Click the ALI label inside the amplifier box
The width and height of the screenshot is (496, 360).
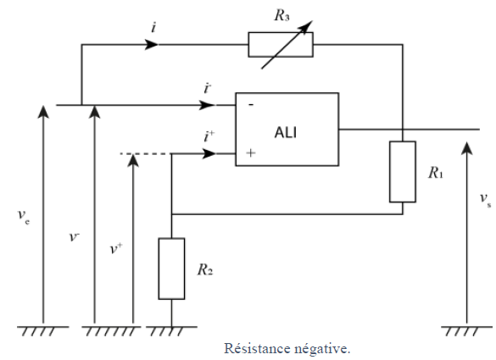[x=286, y=132]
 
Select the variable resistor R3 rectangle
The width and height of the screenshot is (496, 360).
[x=281, y=45]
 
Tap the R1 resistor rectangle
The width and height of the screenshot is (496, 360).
[x=403, y=172]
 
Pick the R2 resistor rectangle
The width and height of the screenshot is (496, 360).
[x=171, y=269]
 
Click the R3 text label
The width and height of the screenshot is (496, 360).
[x=281, y=15]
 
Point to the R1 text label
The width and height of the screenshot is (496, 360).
[x=436, y=173]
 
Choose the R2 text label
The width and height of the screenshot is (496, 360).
[x=205, y=269]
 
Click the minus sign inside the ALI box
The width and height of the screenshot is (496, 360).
[x=251, y=105]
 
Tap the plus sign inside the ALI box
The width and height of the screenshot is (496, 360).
[x=250, y=153]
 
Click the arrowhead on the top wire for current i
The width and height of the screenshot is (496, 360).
[x=151, y=45]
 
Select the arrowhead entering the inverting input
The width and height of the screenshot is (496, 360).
[x=208, y=105]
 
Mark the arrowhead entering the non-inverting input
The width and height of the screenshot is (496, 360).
[x=209, y=154]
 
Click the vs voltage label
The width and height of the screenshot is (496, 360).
[x=486, y=199]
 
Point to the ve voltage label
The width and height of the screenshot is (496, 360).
[x=24, y=217]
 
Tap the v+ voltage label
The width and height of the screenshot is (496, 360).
[x=116, y=248]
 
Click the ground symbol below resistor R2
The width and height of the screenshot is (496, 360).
[x=171, y=330]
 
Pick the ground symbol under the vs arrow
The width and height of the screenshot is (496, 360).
[x=466, y=330]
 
